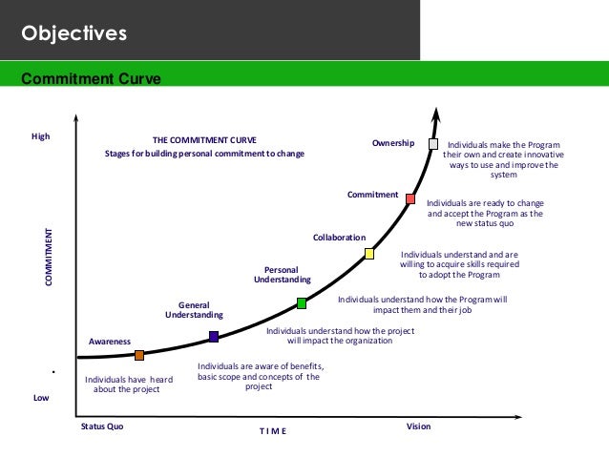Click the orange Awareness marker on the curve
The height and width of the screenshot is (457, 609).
click(x=139, y=355)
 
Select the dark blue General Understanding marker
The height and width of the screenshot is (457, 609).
click(x=214, y=336)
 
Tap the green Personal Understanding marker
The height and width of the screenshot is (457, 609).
click(x=302, y=303)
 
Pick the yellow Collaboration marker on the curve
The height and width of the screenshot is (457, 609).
click(x=369, y=254)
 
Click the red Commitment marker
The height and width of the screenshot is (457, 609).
click(x=410, y=198)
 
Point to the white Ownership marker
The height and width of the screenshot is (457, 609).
click(x=433, y=144)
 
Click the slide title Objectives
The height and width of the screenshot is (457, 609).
click(x=74, y=35)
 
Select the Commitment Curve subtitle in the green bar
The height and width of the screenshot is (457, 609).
click(x=84, y=77)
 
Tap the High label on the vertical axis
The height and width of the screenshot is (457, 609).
click(x=40, y=137)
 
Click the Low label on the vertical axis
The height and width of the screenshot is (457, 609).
click(x=41, y=398)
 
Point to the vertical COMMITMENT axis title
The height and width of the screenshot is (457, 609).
click(x=48, y=259)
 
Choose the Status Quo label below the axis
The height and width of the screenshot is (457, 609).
click(x=102, y=426)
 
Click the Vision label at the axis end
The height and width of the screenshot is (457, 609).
click(x=418, y=426)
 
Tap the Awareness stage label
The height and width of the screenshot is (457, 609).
click(x=110, y=341)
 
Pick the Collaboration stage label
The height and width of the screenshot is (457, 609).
click(x=340, y=237)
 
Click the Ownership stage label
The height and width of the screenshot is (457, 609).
click(x=393, y=143)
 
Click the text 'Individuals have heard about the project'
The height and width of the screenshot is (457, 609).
click(x=129, y=384)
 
